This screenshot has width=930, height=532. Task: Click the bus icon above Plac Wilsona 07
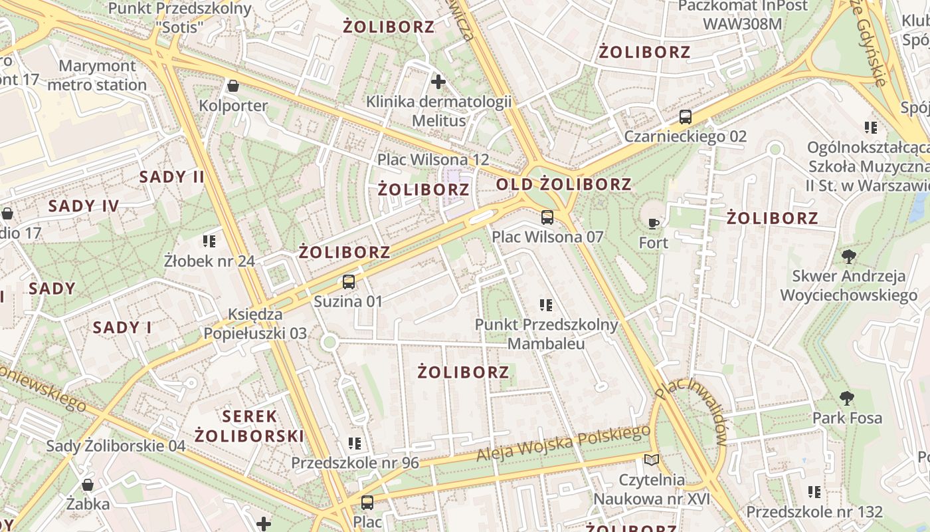point(547,217)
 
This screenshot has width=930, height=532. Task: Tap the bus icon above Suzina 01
point(349,281)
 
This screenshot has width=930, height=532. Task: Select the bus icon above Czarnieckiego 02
point(686,117)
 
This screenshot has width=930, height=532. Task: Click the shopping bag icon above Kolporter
point(233,86)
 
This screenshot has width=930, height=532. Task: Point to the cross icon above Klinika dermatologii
point(438,82)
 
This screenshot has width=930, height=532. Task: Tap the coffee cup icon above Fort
point(654,223)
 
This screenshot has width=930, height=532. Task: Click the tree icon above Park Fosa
point(847,398)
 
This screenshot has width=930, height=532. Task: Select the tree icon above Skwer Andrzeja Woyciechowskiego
point(848,257)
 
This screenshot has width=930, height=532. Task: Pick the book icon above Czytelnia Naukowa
point(652,460)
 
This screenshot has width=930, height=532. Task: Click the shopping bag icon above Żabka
point(88,485)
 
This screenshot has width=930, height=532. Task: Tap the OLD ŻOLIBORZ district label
point(563,184)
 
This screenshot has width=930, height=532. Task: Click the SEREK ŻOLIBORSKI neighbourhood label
point(249,426)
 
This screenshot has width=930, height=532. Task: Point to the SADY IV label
point(84,206)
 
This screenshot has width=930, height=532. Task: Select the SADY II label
point(172,177)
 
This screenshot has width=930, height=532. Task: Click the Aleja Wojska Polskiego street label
point(563,444)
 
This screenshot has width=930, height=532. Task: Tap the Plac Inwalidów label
point(692,412)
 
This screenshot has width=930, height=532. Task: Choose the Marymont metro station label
point(97,75)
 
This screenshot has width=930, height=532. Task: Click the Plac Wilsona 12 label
point(433,160)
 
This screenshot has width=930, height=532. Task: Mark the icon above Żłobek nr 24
point(209,241)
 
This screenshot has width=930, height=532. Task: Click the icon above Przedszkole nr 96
point(355,443)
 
